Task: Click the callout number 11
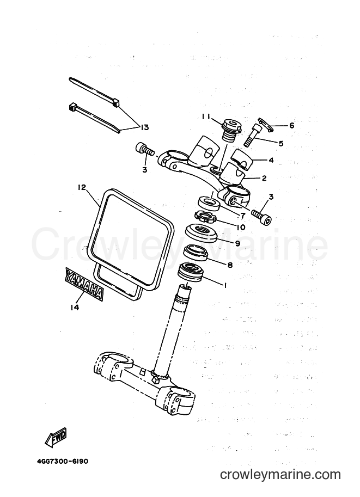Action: point(205,116)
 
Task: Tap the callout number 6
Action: point(291,126)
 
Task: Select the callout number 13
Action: point(144,127)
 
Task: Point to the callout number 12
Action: point(82,188)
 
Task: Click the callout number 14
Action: point(75,307)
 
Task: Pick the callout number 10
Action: point(241,227)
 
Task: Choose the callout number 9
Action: point(237,243)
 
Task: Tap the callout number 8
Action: point(230,265)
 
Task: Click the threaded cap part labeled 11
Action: point(232,131)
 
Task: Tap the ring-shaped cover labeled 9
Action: point(200,233)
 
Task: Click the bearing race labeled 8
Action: point(197,252)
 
